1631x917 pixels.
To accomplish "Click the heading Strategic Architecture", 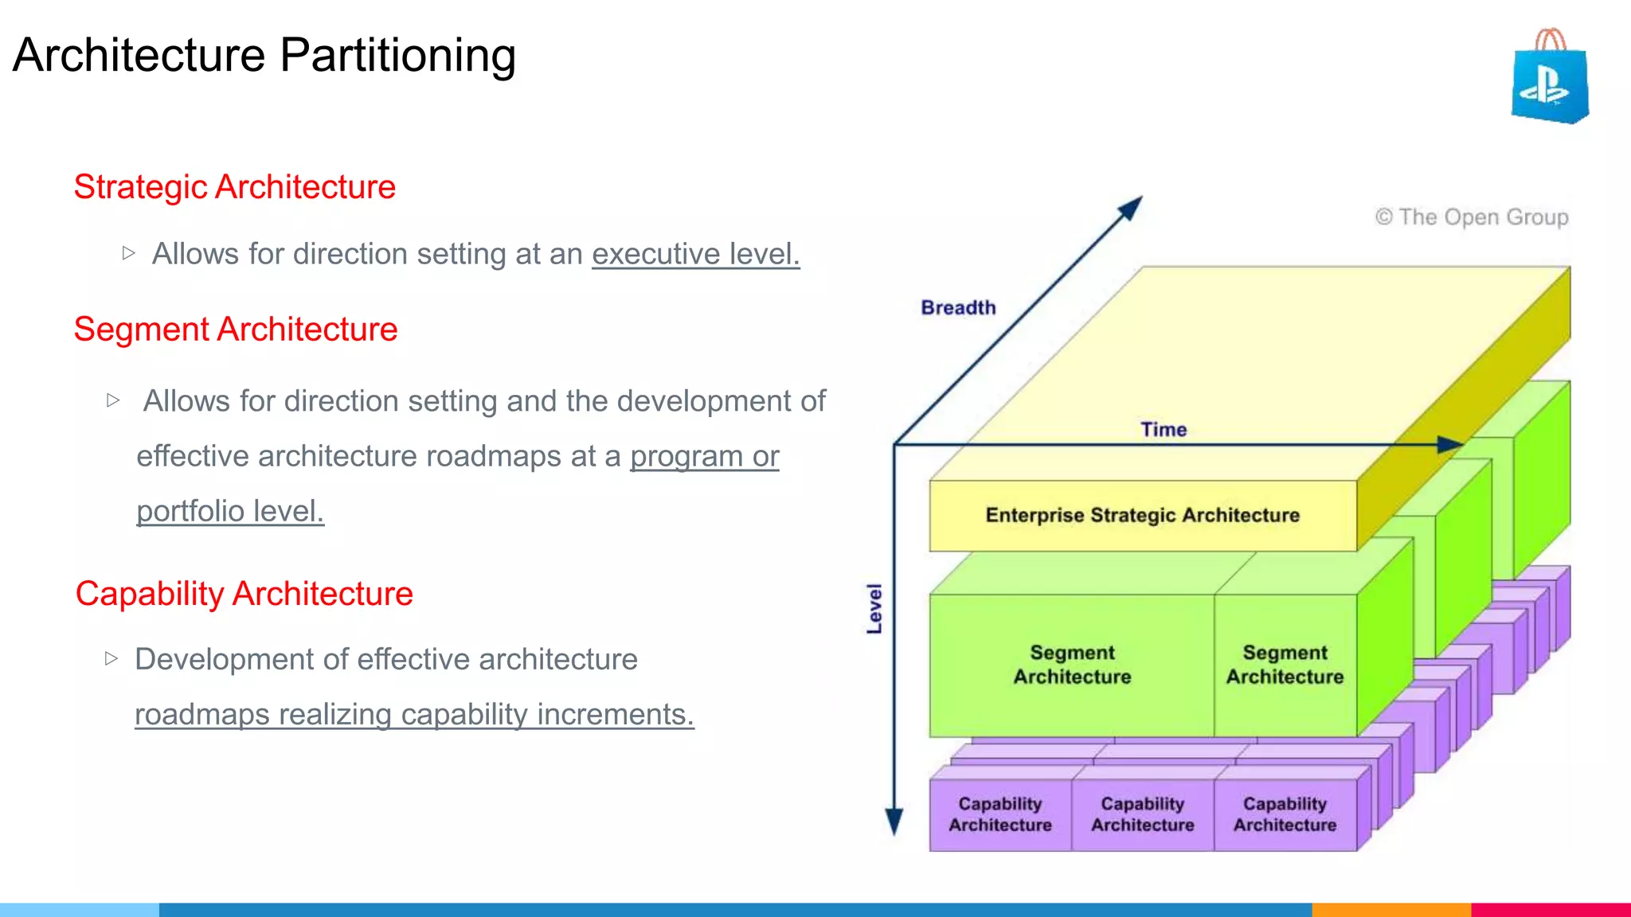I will coord(234,187).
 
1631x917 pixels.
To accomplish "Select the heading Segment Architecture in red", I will coord(235,329).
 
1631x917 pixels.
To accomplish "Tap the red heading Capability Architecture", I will coord(244,594).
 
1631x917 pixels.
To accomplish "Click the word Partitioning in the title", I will coord(397,55).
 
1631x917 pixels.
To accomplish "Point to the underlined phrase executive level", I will coord(695,254).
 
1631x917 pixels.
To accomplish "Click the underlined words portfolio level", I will coord(230,511).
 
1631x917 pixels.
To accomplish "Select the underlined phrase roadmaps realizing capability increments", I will coord(414,714).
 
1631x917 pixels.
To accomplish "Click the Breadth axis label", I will coord(958,307).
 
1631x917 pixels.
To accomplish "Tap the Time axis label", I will coord(1164,430).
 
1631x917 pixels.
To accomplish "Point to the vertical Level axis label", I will coord(874,609).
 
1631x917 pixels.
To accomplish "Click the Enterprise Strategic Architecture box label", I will coord(1142,515).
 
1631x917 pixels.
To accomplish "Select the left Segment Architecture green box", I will coord(1072,665).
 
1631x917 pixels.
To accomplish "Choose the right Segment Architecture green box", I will coord(1285,665).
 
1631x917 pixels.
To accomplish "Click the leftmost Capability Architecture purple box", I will coord(1000,814).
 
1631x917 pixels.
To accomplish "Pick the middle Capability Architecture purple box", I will coord(1142,814).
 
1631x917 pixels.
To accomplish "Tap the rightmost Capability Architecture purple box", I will coord(1285,814).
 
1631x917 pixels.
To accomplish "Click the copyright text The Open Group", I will coord(1472,217).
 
